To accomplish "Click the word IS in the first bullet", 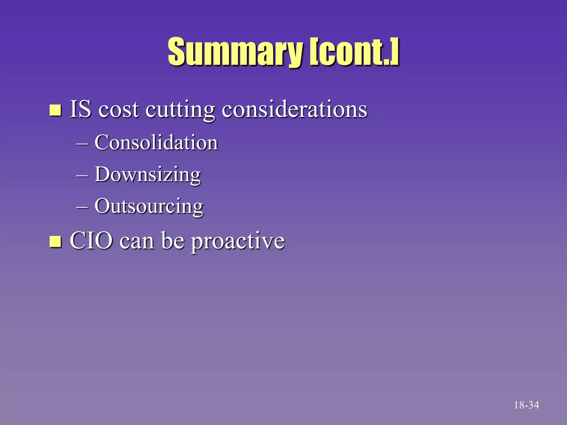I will tap(80, 109).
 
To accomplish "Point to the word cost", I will tap(118, 110).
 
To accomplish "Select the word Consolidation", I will tap(156, 142).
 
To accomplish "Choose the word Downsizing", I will tap(148, 175).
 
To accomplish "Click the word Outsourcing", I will tap(149, 207).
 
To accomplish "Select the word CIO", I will tap(91, 240).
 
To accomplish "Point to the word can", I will tap(137, 241).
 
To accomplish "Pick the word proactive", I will tap(238, 242).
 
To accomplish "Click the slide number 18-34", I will tap(526, 405).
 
